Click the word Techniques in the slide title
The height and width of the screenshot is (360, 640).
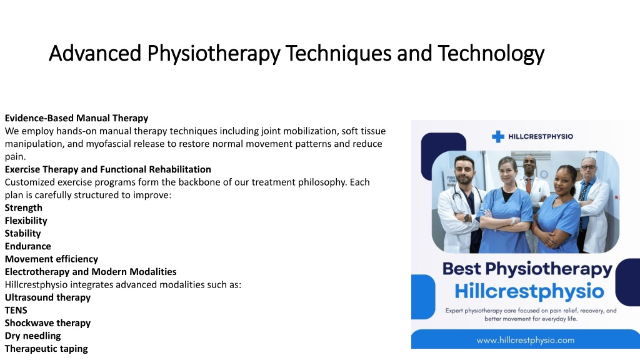coord(338,53)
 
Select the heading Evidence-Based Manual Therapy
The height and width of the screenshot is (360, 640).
coord(76,118)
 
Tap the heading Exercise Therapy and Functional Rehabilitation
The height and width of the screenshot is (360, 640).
coord(107,169)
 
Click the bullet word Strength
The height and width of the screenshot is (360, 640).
coord(24,207)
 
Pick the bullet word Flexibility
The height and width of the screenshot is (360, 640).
coord(26,221)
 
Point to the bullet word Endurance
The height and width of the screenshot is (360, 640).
coord(27,246)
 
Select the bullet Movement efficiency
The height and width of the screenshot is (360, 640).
coord(51,259)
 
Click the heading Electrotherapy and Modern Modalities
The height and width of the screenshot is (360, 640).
coord(91,272)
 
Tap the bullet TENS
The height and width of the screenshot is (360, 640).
coord(16,310)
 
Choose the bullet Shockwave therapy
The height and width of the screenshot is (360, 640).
coord(47,323)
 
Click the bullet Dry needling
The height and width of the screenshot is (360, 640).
coord(32,336)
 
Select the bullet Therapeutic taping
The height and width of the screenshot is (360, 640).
coord(46,349)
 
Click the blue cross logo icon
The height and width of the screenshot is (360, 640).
coord(498,136)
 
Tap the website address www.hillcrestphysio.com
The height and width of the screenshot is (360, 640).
coord(525,340)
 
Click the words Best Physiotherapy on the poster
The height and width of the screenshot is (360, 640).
coord(527,269)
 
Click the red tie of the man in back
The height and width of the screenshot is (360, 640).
coord(528,186)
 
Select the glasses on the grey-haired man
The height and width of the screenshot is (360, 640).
coord(588,167)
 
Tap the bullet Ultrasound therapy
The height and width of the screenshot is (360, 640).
coord(47,297)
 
